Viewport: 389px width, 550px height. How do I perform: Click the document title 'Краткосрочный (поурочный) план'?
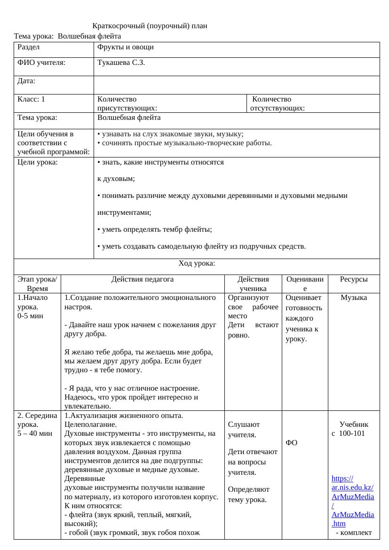(x=150, y=26)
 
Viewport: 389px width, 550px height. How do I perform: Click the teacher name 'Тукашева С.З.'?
(x=121, y=63)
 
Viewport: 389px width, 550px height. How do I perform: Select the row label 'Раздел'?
(x=29, y=47)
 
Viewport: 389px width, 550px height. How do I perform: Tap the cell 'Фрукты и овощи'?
(x=125, y=47)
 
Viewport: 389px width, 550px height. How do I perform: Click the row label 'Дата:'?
(x=26, y=81)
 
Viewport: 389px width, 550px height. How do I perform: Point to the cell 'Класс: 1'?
(x=31, y=99)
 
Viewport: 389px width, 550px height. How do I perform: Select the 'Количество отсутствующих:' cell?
(x=278, y=104)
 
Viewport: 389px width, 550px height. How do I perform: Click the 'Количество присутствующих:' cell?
(x=127, y=104)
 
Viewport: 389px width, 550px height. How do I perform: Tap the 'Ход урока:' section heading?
(x=197, y=263)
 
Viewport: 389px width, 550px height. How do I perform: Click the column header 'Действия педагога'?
(x=143, y=279)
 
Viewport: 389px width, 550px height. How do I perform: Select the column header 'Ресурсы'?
(x=354, y=279)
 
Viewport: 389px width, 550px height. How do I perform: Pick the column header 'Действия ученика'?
(x=253, y=284)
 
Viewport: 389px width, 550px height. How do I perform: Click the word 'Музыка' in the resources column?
(x=354, y=298)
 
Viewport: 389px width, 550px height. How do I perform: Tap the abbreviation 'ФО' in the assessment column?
(x=291, y=443)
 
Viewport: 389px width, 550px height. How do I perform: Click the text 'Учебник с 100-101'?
(x=350, y=429)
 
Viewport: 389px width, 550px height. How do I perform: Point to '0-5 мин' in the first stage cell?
(x=31, y=316)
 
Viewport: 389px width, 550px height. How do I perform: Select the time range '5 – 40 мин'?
(x=35, y=433)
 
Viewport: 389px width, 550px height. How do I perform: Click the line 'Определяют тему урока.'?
(x=249, y=494)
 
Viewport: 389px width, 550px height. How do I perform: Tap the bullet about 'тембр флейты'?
(x=155, y=229)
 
